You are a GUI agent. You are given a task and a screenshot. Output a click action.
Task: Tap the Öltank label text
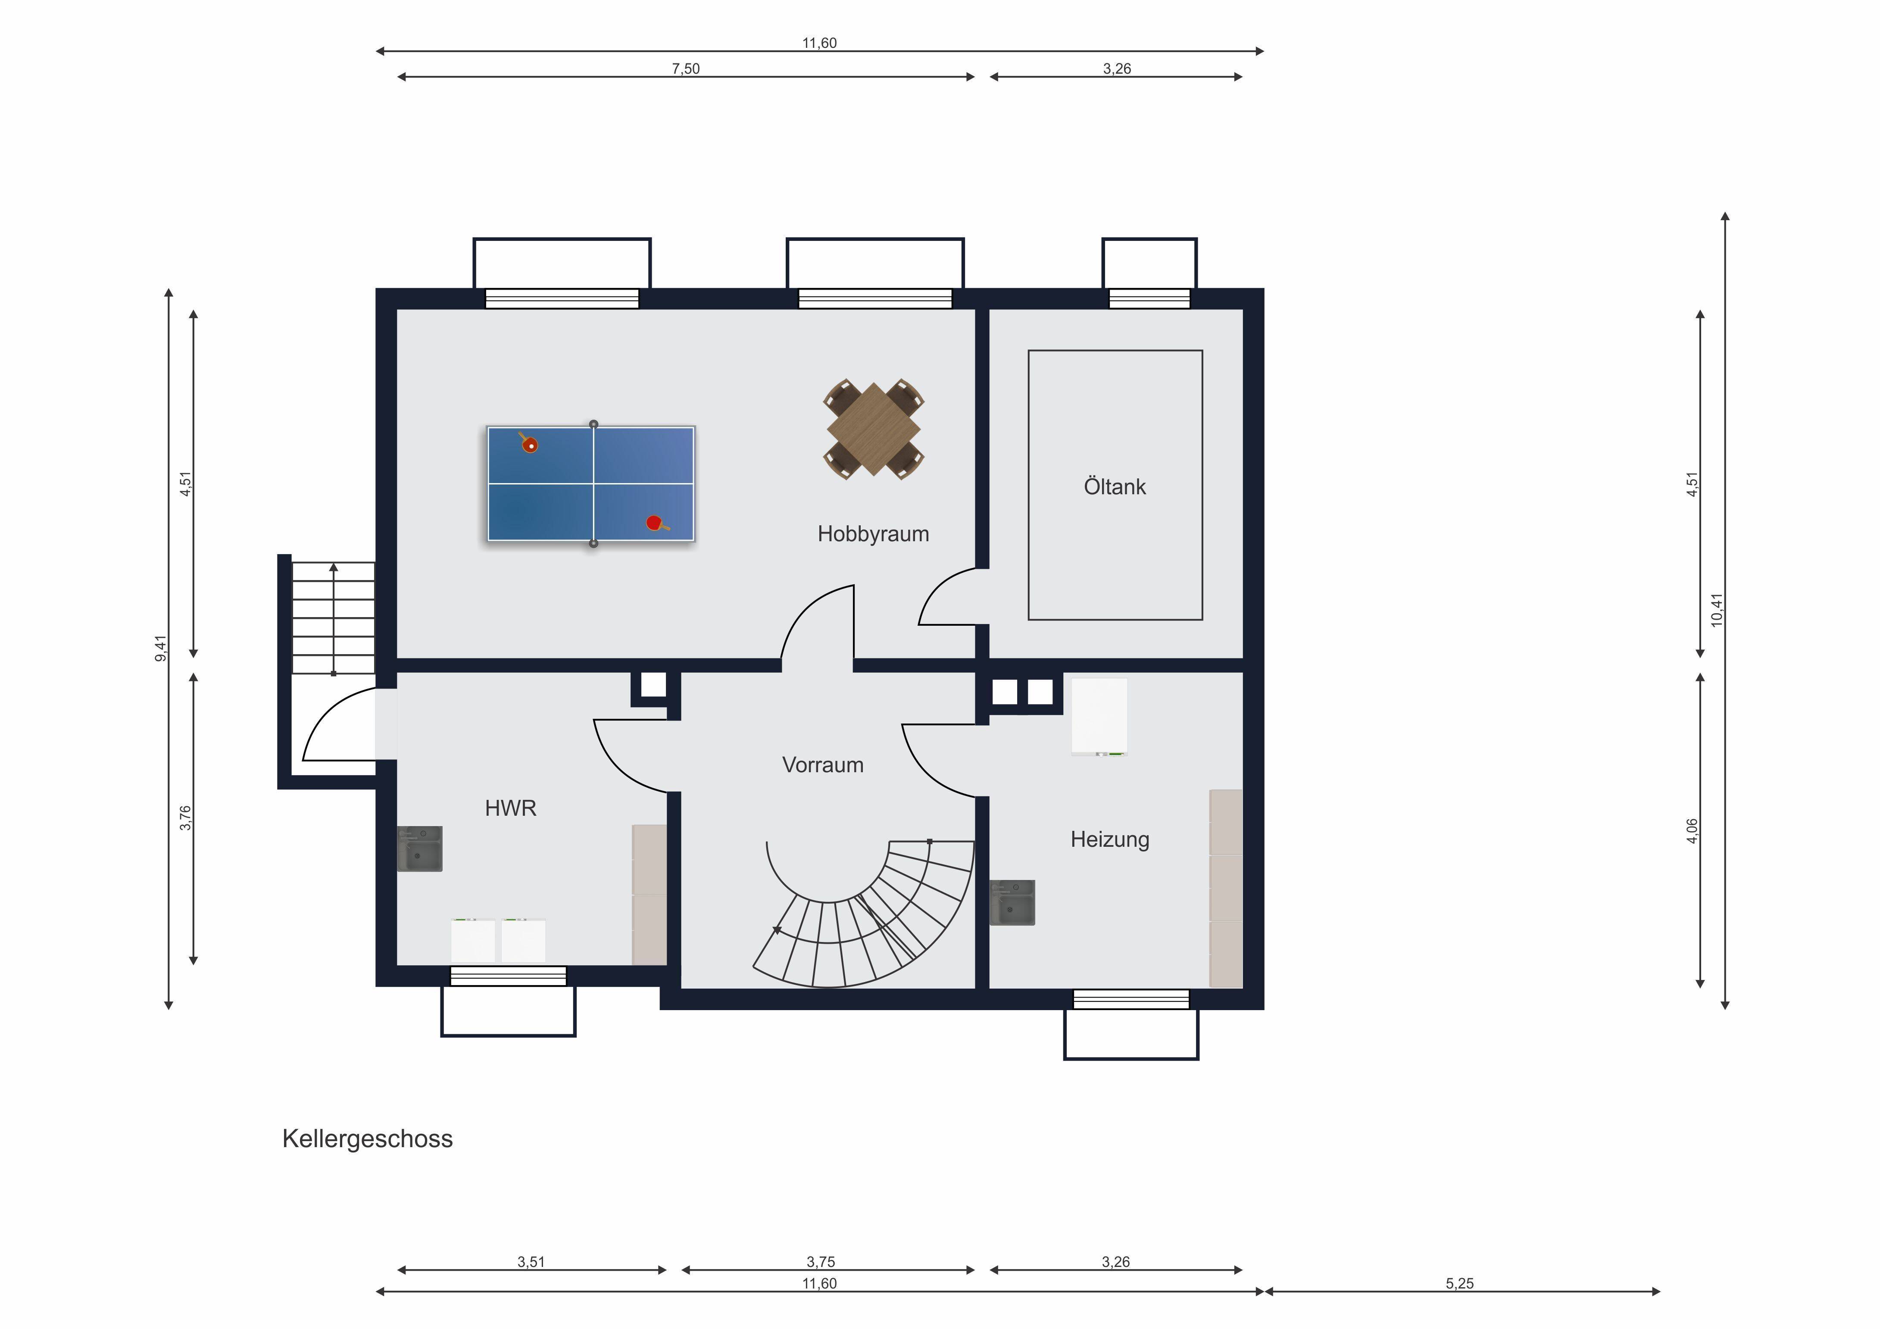[1115, 487]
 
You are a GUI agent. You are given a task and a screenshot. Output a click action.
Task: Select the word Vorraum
[823, 765]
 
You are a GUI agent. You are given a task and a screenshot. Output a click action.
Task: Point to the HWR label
[510, 808]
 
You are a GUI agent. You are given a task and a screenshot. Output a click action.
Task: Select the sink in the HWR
[420, 849]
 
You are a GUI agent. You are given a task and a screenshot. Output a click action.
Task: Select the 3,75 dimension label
[821, 1262]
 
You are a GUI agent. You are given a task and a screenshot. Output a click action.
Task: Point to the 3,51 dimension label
[531, 1262]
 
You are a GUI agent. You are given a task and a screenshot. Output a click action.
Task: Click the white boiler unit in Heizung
[1099, 716]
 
